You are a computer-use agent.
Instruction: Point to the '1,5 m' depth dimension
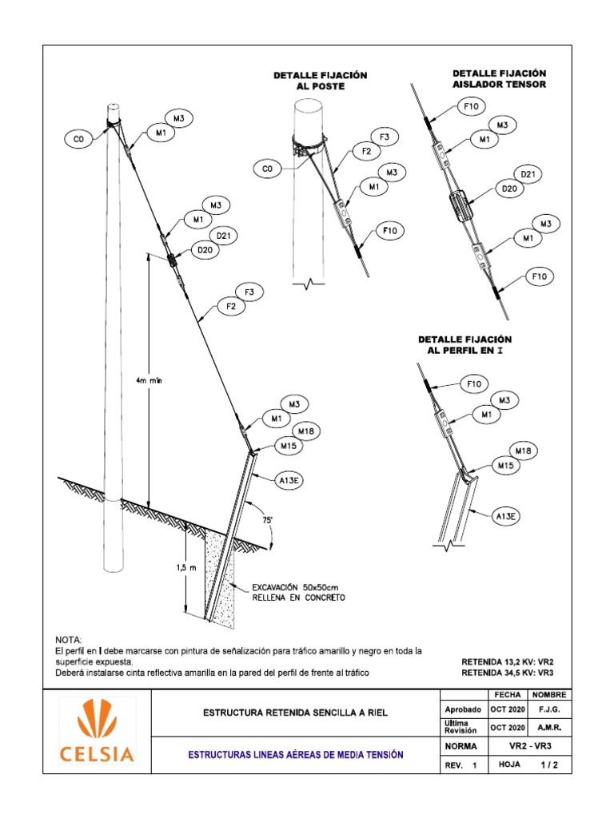tap(165, 568)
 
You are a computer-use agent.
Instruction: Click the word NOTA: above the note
tap(68, 641)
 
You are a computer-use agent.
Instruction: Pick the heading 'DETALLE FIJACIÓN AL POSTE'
tap(320, 80)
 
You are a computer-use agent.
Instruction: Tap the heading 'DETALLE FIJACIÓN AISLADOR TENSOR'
tap(500, 78)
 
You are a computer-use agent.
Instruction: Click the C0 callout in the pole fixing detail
tap(268, 169)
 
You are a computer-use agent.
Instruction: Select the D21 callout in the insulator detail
tap(528, 173)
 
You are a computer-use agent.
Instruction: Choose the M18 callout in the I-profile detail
tap(523, 451)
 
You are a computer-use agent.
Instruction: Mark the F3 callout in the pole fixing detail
tap(385, 137)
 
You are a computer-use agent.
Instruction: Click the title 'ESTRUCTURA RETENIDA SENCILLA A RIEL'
tap(295, 712)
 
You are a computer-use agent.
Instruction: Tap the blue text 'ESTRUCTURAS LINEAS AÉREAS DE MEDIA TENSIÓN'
tap(295, 754)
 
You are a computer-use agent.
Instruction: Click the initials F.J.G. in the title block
tap(549, 709)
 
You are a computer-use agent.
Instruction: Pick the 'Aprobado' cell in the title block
tap(462, 709)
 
